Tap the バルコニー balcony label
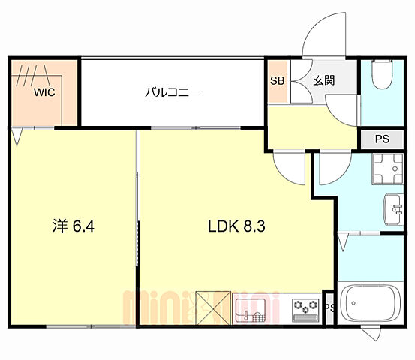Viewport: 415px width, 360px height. tap(172, 93)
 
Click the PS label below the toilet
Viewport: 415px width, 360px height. tap(382, 139)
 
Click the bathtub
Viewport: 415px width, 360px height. tap(373, 304)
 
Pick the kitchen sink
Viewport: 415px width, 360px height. tap(251, 308)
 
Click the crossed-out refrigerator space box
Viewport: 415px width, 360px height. tap(213, 308)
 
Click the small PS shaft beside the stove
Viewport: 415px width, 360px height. tap(329, 307)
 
